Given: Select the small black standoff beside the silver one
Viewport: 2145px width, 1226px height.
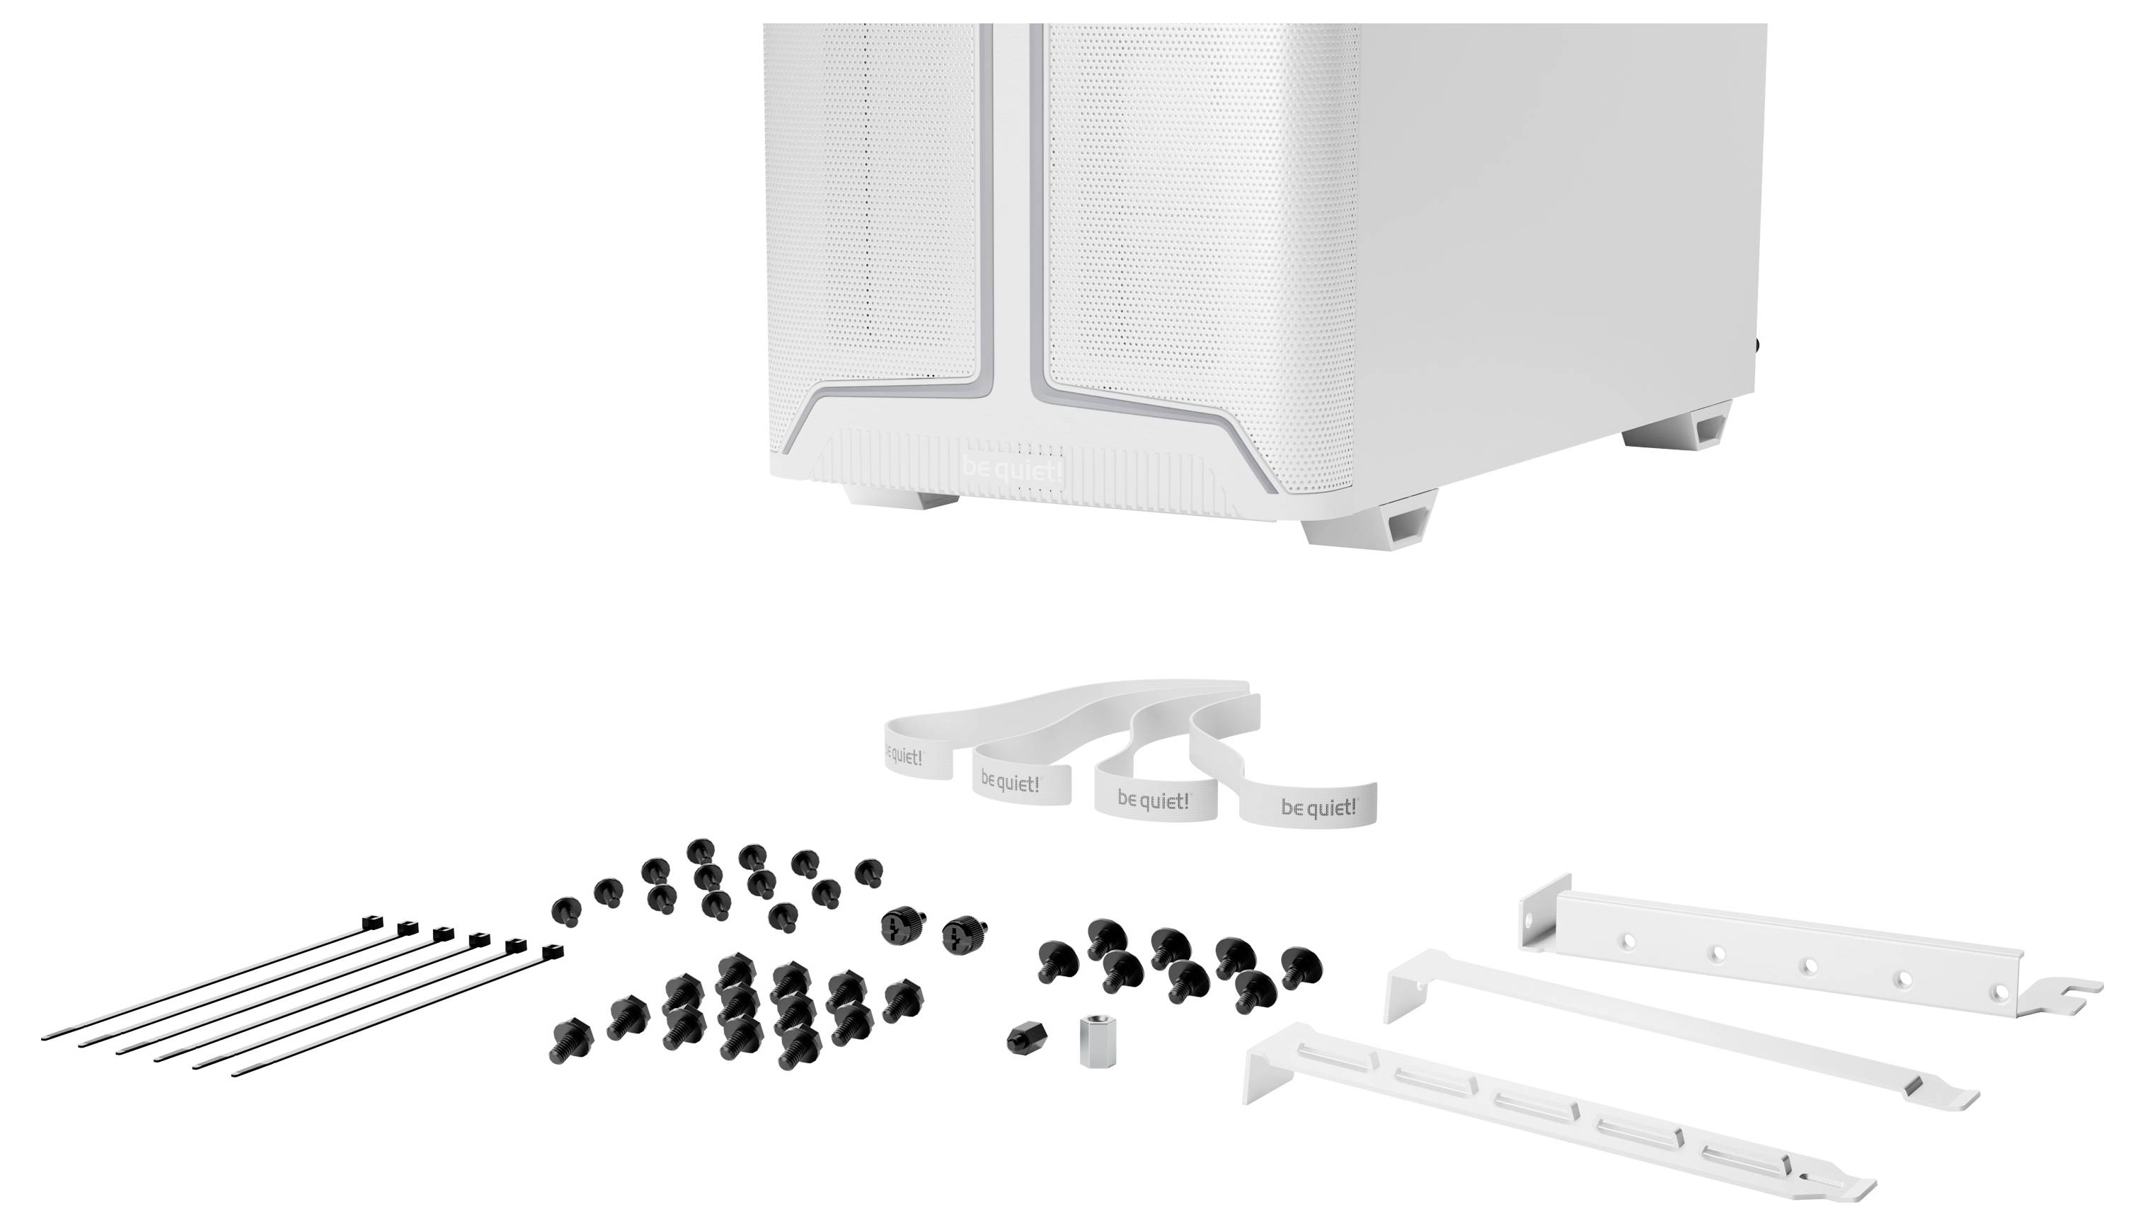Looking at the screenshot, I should pyautogui.click(x=1026, y=1038).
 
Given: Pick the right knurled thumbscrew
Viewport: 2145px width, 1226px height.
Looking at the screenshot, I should pyautogui.click(x=963, y=933).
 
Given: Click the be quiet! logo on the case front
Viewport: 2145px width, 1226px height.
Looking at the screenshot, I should pyautogui.click(x=1012, y=470).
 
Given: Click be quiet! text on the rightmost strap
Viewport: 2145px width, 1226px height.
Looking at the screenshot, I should pyautogui.click(x=1318, y=808).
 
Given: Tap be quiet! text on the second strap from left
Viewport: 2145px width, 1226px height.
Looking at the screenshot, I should pyautogui.click(x=1010, y=783).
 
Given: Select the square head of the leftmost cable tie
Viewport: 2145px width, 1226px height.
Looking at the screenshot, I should pyautogui.click(x=372, y=923).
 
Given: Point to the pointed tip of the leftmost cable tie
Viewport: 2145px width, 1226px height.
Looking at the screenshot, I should pyautogui.click(x=44, y=1038).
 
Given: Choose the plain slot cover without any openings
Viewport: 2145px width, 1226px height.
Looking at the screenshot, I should pyautogui.click(x=1675, y=1031).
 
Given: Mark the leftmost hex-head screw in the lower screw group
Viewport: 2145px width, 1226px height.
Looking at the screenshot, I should pyautogui.click(x=571, y=1041).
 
